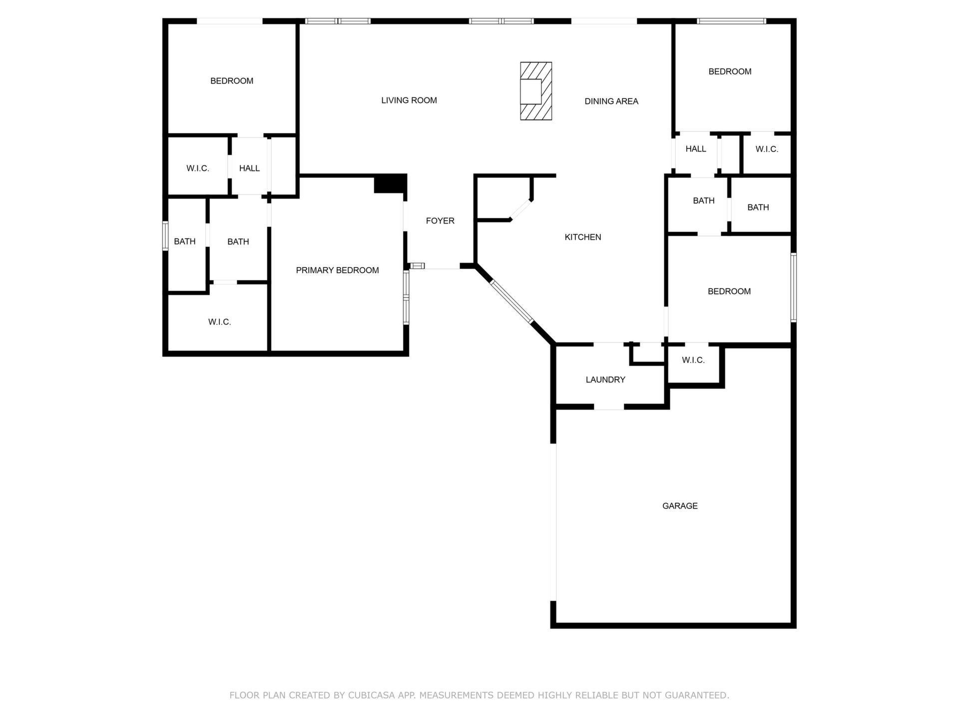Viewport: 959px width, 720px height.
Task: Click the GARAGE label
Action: point(680,506)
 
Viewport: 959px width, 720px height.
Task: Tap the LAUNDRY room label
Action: point(605,380)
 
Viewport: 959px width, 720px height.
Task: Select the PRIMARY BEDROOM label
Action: point(337,270)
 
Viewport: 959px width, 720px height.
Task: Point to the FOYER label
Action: point(440,221)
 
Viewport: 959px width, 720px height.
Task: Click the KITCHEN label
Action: point(583,237)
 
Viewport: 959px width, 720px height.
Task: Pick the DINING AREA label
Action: point(611,101)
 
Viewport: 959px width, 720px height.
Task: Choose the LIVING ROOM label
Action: point(409,100)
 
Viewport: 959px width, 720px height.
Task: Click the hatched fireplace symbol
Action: point(536,91)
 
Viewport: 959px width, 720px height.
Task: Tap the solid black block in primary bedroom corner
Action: point(390,183)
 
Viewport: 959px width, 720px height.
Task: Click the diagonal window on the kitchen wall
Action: point(512,301)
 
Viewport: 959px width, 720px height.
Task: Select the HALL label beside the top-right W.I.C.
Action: point(696,149)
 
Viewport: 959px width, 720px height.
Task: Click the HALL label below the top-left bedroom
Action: point(249,168)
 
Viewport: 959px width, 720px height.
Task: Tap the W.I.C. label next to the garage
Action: point(693,360)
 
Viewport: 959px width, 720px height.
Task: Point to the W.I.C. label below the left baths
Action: point(220,322)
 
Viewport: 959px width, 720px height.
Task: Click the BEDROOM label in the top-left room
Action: point(232,81)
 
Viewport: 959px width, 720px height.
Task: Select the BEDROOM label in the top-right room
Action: point(730,72)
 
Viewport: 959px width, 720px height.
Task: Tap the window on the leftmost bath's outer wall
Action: point(165,235)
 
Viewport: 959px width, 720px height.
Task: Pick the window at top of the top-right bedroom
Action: point(732,21)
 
